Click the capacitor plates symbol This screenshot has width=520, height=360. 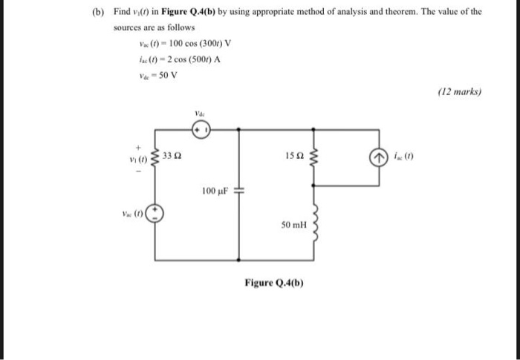tap(238, 192)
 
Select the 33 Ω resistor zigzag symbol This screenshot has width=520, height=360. tap(155, 157)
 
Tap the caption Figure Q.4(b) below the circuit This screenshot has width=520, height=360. tap(274, 283)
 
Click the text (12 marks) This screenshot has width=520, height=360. tap(461, 93)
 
